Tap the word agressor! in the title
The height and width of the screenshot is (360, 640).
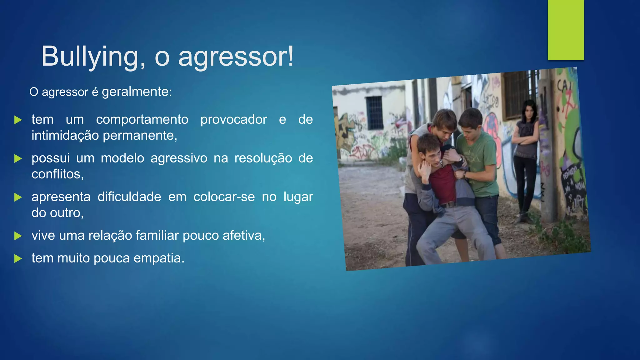(236, 57)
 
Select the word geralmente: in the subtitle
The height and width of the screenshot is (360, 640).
(137, 92)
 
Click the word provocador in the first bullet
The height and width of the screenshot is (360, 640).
(233, 119)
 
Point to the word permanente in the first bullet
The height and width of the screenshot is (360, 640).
(139, 136)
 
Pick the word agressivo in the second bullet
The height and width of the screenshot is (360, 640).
(179, 158)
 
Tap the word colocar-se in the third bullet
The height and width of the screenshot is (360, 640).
(224, 197)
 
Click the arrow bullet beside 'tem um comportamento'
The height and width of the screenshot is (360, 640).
(18, 120)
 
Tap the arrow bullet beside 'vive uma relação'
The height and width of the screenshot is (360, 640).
(18, 236)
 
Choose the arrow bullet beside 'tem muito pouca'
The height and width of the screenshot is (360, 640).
(18, 259)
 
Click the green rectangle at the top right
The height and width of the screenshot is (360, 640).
(566, 30)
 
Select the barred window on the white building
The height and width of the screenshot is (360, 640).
(374, 112)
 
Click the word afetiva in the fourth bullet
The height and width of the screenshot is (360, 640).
(243, 236)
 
